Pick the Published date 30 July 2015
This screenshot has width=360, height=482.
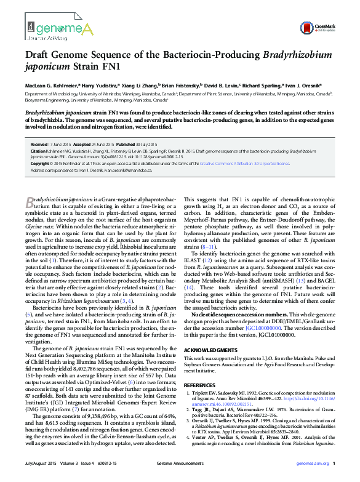[150, 143]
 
